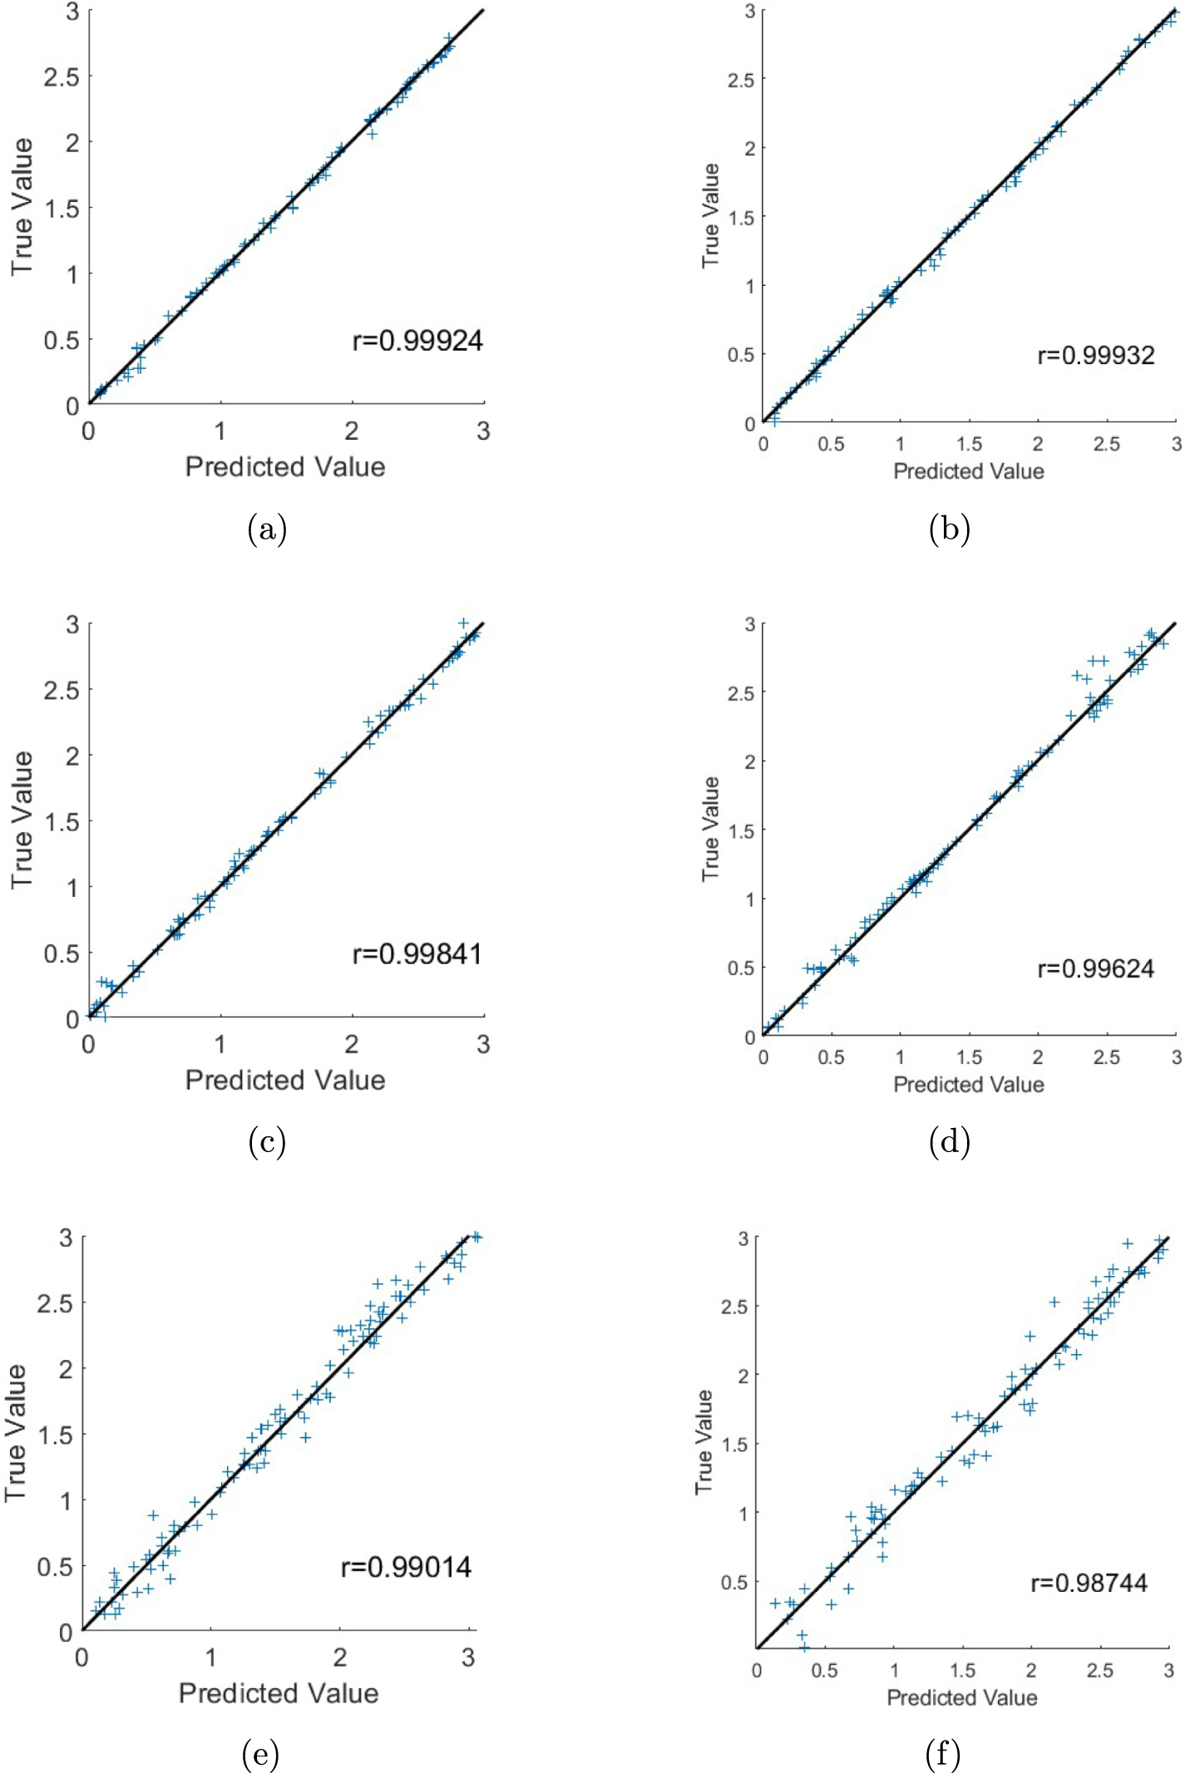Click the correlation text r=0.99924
pyautogui.click(x=417, y=341)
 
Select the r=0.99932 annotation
pyautogui.click(x=1096, y=356)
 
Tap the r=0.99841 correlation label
pyautogui.click(x=417, y=953)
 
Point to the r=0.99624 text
pyautogui.click(x=1096, y=968)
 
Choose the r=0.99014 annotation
pyautogui.click(x=407, y=1567)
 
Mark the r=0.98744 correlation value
pyautogui.click(x=1089, y=1583)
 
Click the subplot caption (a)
pyautogui.click(x=267, y=529)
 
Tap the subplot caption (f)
pyautogui.click(x=942, y=1754)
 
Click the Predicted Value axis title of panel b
pyautogui.click(x=969, y=471)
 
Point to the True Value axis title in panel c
pyautogui.click(x=22, y=820)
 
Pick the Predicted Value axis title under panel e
pyautogui.click(x=279, y=1693)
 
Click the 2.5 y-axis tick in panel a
pyautogui.click(x=62, y=77)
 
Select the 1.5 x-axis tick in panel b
pyautogui.click(x=969, y=445)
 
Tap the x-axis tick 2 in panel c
pyautogui.click(x=352, y=1044)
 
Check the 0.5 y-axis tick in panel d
pyautogui.click(x=740, y=968)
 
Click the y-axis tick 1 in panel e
pyautogui.click(x=67, y=1500)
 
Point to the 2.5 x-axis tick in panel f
pyautogui.click(x=1099, y=1671)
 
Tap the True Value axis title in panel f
pyautogui.click(x=704, y=1441)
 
